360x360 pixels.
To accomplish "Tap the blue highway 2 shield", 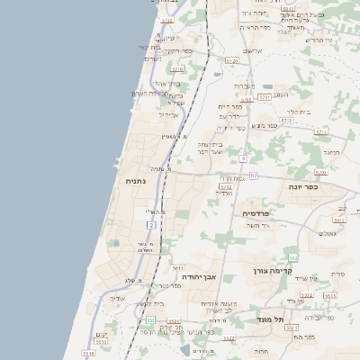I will (x=152, y=223).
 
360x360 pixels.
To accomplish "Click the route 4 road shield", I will (x=243, y=158).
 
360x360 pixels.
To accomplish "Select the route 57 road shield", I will (x=254, y=175).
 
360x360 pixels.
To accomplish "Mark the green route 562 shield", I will (x=292, y=257).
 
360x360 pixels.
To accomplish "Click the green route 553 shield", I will (x=150, y=319).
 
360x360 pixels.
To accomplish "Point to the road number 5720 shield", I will (x=232, y=60).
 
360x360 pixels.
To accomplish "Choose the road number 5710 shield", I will (x=177, y=68).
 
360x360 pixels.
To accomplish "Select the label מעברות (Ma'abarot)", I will (x=244, y=85).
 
